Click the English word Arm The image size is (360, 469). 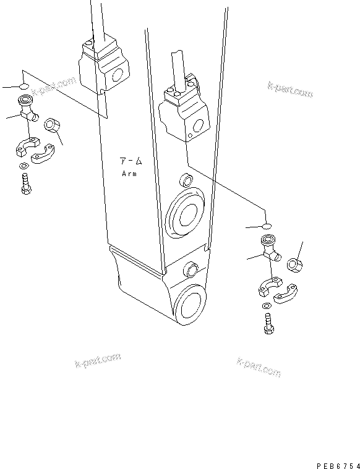tap(129, 174)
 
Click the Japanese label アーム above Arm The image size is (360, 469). tap(130, 161)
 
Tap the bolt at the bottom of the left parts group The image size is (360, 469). tap(25, 185)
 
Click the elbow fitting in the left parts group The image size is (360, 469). tap(28, 110)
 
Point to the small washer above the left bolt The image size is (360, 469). tap(23, 166)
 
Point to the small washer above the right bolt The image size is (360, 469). tap(265, 306)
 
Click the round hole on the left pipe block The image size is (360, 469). tap(116, 77)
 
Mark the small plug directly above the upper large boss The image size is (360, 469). tap(184, 181)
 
